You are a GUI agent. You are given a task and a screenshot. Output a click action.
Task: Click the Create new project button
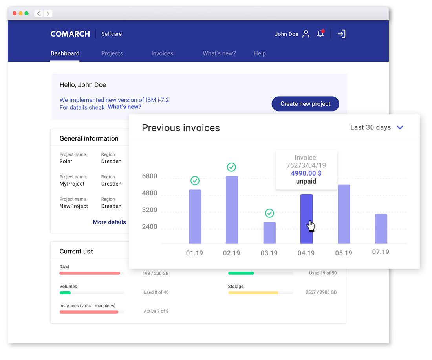[305, 104]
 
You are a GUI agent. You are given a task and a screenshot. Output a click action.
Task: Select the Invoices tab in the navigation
[162, 53]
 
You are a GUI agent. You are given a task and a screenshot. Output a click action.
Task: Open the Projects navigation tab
[112, 53]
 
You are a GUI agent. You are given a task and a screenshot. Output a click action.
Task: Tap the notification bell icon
[320, 34]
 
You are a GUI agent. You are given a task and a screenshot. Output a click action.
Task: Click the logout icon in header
[342, 34]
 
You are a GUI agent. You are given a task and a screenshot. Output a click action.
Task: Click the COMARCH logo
[70, 34]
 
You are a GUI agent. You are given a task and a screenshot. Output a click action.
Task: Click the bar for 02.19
[232, 210]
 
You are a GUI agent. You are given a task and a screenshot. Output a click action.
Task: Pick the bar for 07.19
[381, 229]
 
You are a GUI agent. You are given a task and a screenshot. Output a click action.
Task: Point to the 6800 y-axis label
[150, 176]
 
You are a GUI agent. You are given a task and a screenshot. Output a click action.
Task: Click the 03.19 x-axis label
[269, 253]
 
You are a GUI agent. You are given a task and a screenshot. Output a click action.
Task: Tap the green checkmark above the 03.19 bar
[269, 213]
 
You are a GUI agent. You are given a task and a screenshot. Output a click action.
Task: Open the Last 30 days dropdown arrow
[400, 127]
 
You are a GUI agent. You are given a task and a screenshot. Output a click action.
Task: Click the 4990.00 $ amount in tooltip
[306, 173]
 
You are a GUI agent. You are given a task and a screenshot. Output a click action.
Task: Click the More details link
[109, 222]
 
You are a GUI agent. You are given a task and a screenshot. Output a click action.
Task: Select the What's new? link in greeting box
[124, 107]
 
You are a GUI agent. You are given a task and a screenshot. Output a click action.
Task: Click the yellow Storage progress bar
[253, 293]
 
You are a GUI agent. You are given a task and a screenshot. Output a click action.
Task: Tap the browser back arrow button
[38, 14]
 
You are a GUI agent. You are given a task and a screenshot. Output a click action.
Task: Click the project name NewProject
[74, 206]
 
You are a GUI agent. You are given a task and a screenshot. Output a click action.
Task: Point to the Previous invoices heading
[181, 128]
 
